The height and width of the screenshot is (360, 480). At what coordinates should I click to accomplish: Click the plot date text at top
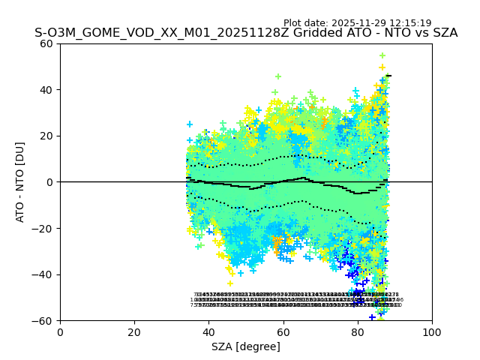357,23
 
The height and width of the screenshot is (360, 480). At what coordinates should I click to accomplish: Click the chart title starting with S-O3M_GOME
246,34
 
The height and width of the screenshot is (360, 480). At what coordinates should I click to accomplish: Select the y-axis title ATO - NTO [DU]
21,181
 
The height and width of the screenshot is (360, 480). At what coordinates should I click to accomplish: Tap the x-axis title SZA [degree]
246,346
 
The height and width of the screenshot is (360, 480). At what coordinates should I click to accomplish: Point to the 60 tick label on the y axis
47,43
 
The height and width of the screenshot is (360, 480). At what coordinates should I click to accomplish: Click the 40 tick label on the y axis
47,90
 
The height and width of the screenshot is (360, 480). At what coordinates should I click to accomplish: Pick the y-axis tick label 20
47,136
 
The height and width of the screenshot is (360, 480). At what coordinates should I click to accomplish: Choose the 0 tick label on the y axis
50,182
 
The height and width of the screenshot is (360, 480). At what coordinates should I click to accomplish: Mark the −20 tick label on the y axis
44,228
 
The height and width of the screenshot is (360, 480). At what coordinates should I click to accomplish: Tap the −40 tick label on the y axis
44,274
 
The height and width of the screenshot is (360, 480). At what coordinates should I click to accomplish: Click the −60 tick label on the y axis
44,320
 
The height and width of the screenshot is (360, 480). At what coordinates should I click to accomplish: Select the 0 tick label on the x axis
60,331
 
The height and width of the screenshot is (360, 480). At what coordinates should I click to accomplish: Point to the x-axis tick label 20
134,331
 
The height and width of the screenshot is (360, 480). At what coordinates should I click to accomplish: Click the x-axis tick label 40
208,331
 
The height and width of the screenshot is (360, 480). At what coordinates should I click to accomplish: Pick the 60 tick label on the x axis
283,331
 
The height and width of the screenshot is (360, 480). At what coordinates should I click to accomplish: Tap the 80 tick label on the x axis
358,331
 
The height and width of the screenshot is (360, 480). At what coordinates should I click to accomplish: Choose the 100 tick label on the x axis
432,331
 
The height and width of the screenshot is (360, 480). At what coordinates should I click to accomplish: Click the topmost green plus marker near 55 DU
382,55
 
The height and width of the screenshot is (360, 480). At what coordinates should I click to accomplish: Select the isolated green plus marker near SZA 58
277,76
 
